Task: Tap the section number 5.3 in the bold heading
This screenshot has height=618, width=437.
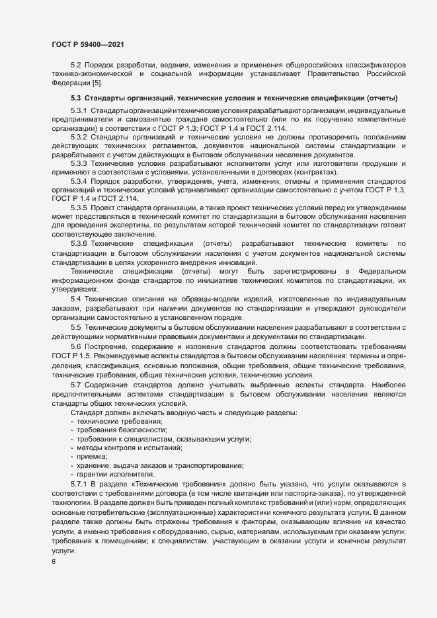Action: tap(75, 98)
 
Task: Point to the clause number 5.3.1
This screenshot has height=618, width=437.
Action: tap(79, 109)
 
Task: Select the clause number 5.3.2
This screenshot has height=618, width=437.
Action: tap(79, 136)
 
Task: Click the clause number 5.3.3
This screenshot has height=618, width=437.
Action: tap(79, 162)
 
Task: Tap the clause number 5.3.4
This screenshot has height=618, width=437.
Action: tap(79, 181)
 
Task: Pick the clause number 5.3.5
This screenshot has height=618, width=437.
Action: tap(79, 208)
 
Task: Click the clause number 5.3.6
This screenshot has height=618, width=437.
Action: tap(79, 244)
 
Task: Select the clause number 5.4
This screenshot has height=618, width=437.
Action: tap(75, 299)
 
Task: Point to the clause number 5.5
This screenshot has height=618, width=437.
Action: tap(75, 327)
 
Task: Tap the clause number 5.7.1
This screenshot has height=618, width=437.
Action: tap(79, 484)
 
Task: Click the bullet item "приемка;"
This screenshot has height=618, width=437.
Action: tap(92, 457)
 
